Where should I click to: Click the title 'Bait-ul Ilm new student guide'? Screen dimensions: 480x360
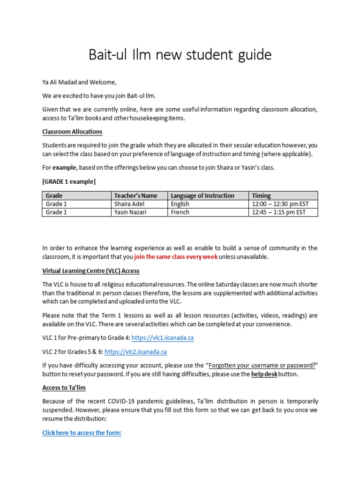tap(180, 55)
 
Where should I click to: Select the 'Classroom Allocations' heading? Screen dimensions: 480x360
tap(72, 132)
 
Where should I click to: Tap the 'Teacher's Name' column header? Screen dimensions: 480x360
tap(135, 195)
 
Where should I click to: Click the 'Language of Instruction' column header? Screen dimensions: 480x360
tap(202, 195)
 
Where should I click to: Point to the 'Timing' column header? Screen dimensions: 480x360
tap(261, 195)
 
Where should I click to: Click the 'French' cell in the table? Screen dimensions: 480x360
tap(180, 212)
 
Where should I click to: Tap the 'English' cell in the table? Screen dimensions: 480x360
tap(180, 204)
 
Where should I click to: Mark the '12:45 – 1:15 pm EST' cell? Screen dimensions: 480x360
tap(278, 212)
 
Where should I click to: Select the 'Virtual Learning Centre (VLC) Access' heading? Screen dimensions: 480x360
tap(91, 271)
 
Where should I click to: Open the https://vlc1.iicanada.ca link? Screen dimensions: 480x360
tap(162, 338)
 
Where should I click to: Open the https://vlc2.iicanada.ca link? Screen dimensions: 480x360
tap(135, 352)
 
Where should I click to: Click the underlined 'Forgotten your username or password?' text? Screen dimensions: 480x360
tap(262, 366)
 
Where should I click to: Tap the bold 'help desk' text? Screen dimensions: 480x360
tap(263, 374)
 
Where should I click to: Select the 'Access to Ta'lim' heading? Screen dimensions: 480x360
tap(64, 388)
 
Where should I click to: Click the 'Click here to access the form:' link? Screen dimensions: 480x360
tap(82, 433)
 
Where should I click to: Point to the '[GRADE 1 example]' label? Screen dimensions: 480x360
tap(69, 181)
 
